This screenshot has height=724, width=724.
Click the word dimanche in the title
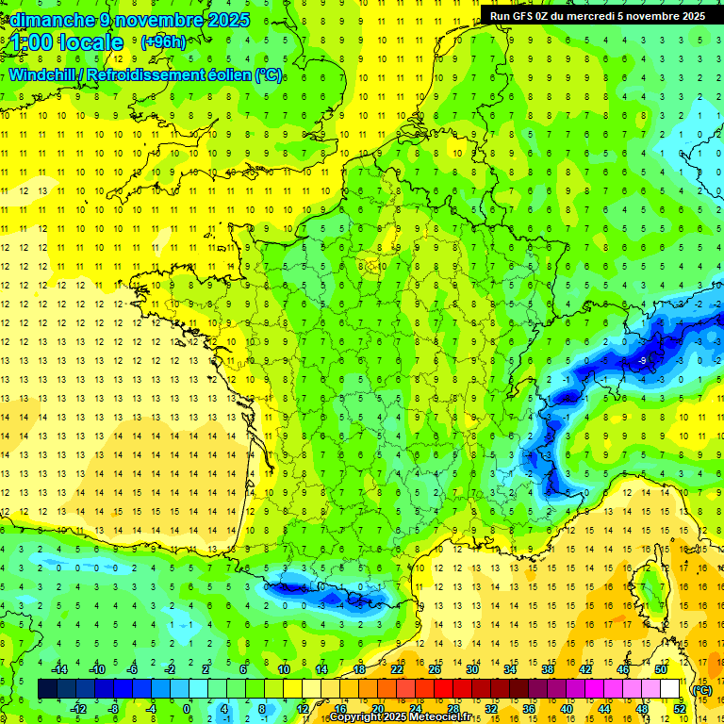(47, 19)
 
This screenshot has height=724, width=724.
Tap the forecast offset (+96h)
(163, 41)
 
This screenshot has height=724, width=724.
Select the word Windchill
(44, 74)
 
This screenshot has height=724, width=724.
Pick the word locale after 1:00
(90, 42)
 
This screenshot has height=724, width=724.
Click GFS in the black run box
(524, 15)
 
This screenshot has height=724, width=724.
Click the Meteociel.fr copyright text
(387, 717)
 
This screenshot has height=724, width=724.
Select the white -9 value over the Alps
(642, 360)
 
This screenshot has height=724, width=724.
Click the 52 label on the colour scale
(679, 708)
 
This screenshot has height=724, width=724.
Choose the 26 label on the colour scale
(434, 669)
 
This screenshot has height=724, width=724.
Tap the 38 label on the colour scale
(547, 669)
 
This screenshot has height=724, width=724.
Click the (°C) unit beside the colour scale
(701, 690)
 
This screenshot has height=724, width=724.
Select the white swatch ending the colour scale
(670, 689)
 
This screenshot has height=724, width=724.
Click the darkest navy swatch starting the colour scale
(47, 689)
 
